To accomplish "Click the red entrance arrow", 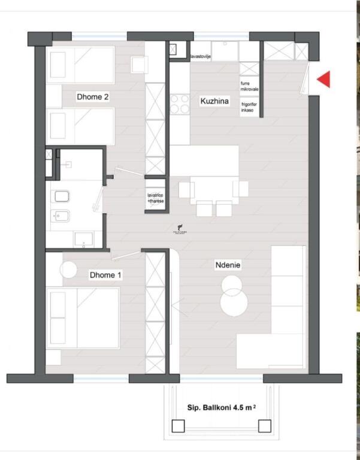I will point(324,79).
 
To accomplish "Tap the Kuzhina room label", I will point(214,102).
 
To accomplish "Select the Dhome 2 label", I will point(92,96).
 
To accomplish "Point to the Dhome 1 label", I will point(105,275).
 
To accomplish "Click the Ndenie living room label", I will point(228,264).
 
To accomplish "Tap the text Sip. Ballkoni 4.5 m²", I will point(221,407).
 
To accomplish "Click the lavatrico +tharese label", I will point(155,198).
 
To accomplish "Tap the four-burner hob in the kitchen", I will point(179,104).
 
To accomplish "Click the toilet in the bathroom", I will point(62,195).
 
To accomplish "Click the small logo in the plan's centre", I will point(178,228).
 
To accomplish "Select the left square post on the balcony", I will point(178,426).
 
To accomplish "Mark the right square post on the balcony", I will point(264,426).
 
